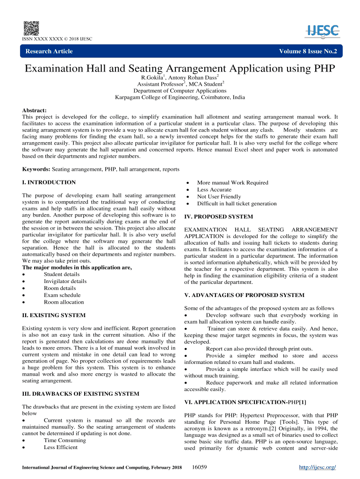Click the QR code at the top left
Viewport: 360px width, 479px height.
coord(31,28)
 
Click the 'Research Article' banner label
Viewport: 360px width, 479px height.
coord(49,51)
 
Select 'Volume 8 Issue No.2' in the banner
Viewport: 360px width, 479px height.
coord(308,51)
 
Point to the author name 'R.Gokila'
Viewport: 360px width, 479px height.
coord(152,77)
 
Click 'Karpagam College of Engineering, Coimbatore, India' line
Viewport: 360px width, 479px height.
coord(180,97)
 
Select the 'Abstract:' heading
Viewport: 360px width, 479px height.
coord(34,110)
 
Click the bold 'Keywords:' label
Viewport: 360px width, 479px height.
coord(36,169)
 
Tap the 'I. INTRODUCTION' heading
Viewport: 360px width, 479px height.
coord(49,182)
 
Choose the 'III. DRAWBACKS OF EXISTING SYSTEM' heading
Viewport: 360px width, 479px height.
coord(80,393)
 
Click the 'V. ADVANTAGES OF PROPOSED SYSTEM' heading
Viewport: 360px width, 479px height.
coord(245,295)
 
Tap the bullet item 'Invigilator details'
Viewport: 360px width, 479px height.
coord(65,281)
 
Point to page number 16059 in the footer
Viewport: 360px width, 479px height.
coord(200,467)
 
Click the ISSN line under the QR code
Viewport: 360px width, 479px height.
coord(58,38)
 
